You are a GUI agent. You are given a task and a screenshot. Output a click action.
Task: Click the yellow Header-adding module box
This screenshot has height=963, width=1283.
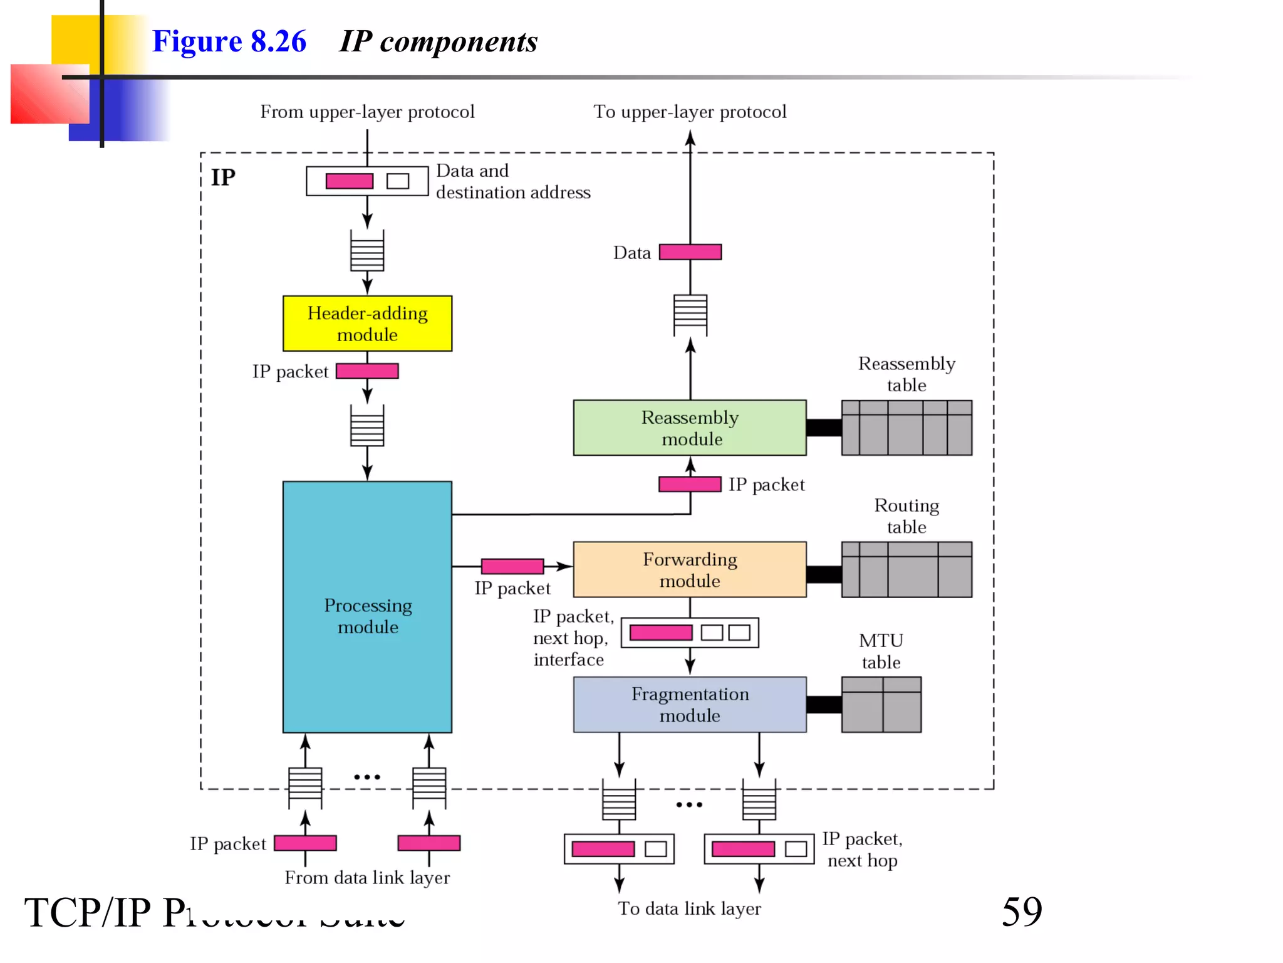[x=367, y=324]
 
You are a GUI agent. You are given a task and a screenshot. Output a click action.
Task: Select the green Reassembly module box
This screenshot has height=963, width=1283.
[x=689, y=428]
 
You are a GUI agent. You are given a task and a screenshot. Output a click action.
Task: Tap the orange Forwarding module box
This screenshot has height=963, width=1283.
[x=689, y=569]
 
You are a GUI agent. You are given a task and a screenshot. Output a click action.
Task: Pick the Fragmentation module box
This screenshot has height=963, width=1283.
[x=689, y=704]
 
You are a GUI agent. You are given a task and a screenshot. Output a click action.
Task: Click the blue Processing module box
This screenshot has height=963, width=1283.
[x=367, y=607]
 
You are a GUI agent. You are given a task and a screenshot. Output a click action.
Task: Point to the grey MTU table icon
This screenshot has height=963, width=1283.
[x=881, y=704]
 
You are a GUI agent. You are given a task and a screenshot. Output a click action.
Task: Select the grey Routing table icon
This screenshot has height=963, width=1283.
[x=906, y=569]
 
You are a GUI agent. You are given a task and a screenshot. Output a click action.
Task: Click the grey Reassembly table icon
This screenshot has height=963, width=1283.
[x=906, y=428]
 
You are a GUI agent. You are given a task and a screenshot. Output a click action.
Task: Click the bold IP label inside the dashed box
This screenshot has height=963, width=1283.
[x=223, y=177]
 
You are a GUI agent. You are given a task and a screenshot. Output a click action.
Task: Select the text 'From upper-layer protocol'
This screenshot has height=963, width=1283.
[x=367, y=112]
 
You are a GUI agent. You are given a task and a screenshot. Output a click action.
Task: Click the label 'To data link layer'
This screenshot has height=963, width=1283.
[x=689, y=908]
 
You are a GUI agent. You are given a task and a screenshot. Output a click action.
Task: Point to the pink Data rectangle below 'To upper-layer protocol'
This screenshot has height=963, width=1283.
[x=690, y=252]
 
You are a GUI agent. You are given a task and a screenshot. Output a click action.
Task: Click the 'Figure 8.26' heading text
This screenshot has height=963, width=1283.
[x=229, y=41]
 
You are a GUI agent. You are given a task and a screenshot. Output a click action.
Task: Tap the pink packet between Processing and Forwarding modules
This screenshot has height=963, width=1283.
[x=512, y=566]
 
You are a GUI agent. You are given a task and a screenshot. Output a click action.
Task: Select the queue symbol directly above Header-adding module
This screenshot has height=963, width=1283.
[x=367, y=251]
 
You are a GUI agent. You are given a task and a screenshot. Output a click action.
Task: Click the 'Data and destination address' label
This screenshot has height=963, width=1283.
[x=512, y=181]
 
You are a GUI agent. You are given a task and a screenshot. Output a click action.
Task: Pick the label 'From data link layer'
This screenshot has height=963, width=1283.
[x=367, y=878]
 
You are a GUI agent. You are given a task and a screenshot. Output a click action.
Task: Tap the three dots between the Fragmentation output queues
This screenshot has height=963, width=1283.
[x=689, y=804]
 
